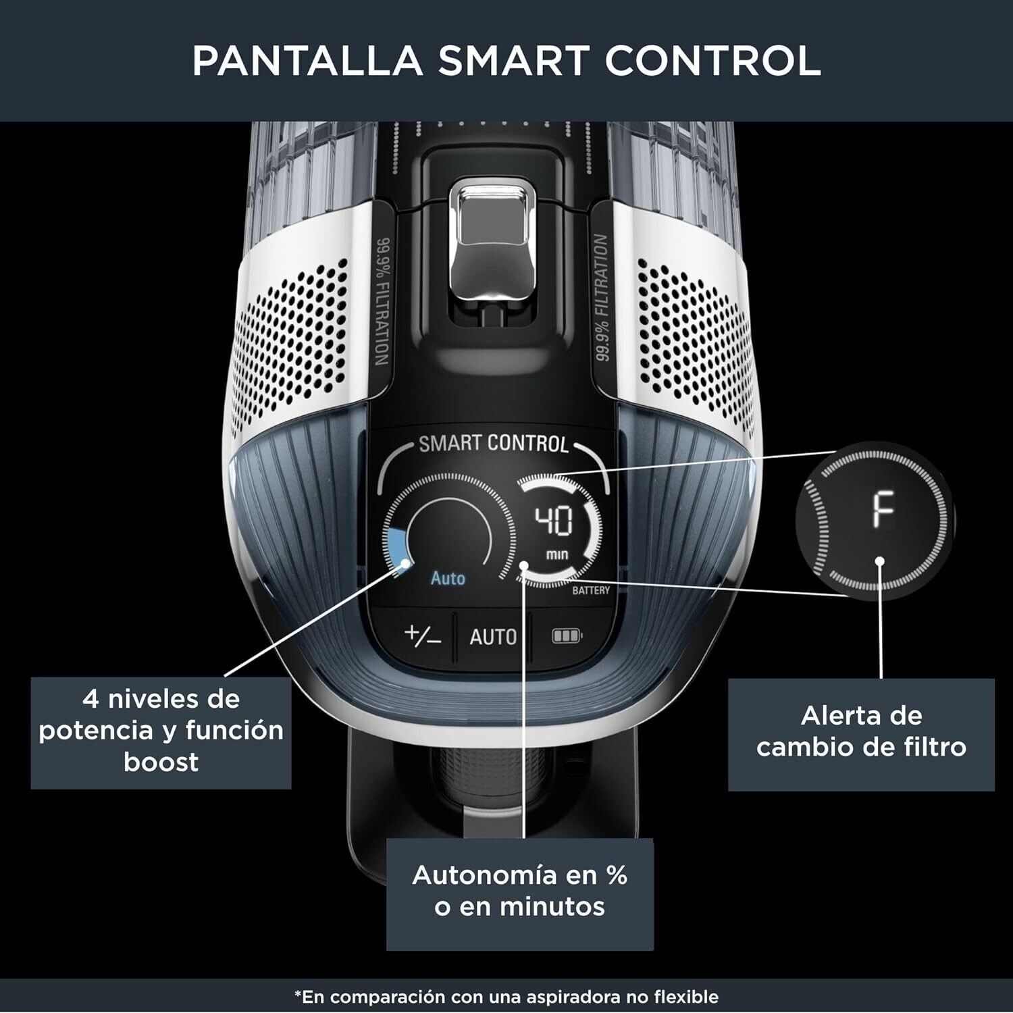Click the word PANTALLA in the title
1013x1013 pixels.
tap(307, 61)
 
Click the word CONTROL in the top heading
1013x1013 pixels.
tap(712, 61)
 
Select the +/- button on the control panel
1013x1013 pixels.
tap(423, 636)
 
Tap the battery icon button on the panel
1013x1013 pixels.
tap(567, 636)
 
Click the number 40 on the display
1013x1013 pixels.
tap(554, 521)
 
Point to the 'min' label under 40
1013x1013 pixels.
tap(557, 554)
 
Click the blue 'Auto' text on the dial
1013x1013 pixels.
tap(448, 578)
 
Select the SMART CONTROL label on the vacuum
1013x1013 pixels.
tap(494, 444)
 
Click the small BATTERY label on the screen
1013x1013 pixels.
tap(591, 590)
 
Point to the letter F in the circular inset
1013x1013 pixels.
tap(883, 510)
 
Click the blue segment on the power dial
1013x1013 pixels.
tap(397, 548)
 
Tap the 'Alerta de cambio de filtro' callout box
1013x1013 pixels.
tap(861, 734)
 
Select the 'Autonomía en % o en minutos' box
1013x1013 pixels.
tap(520, 894)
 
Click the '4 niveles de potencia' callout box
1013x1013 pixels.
tap(161, 733)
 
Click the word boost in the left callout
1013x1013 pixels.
tap(161, 762)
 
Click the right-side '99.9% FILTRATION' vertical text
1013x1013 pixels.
tap(602, 297)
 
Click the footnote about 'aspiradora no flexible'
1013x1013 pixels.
tap(506, 997)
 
